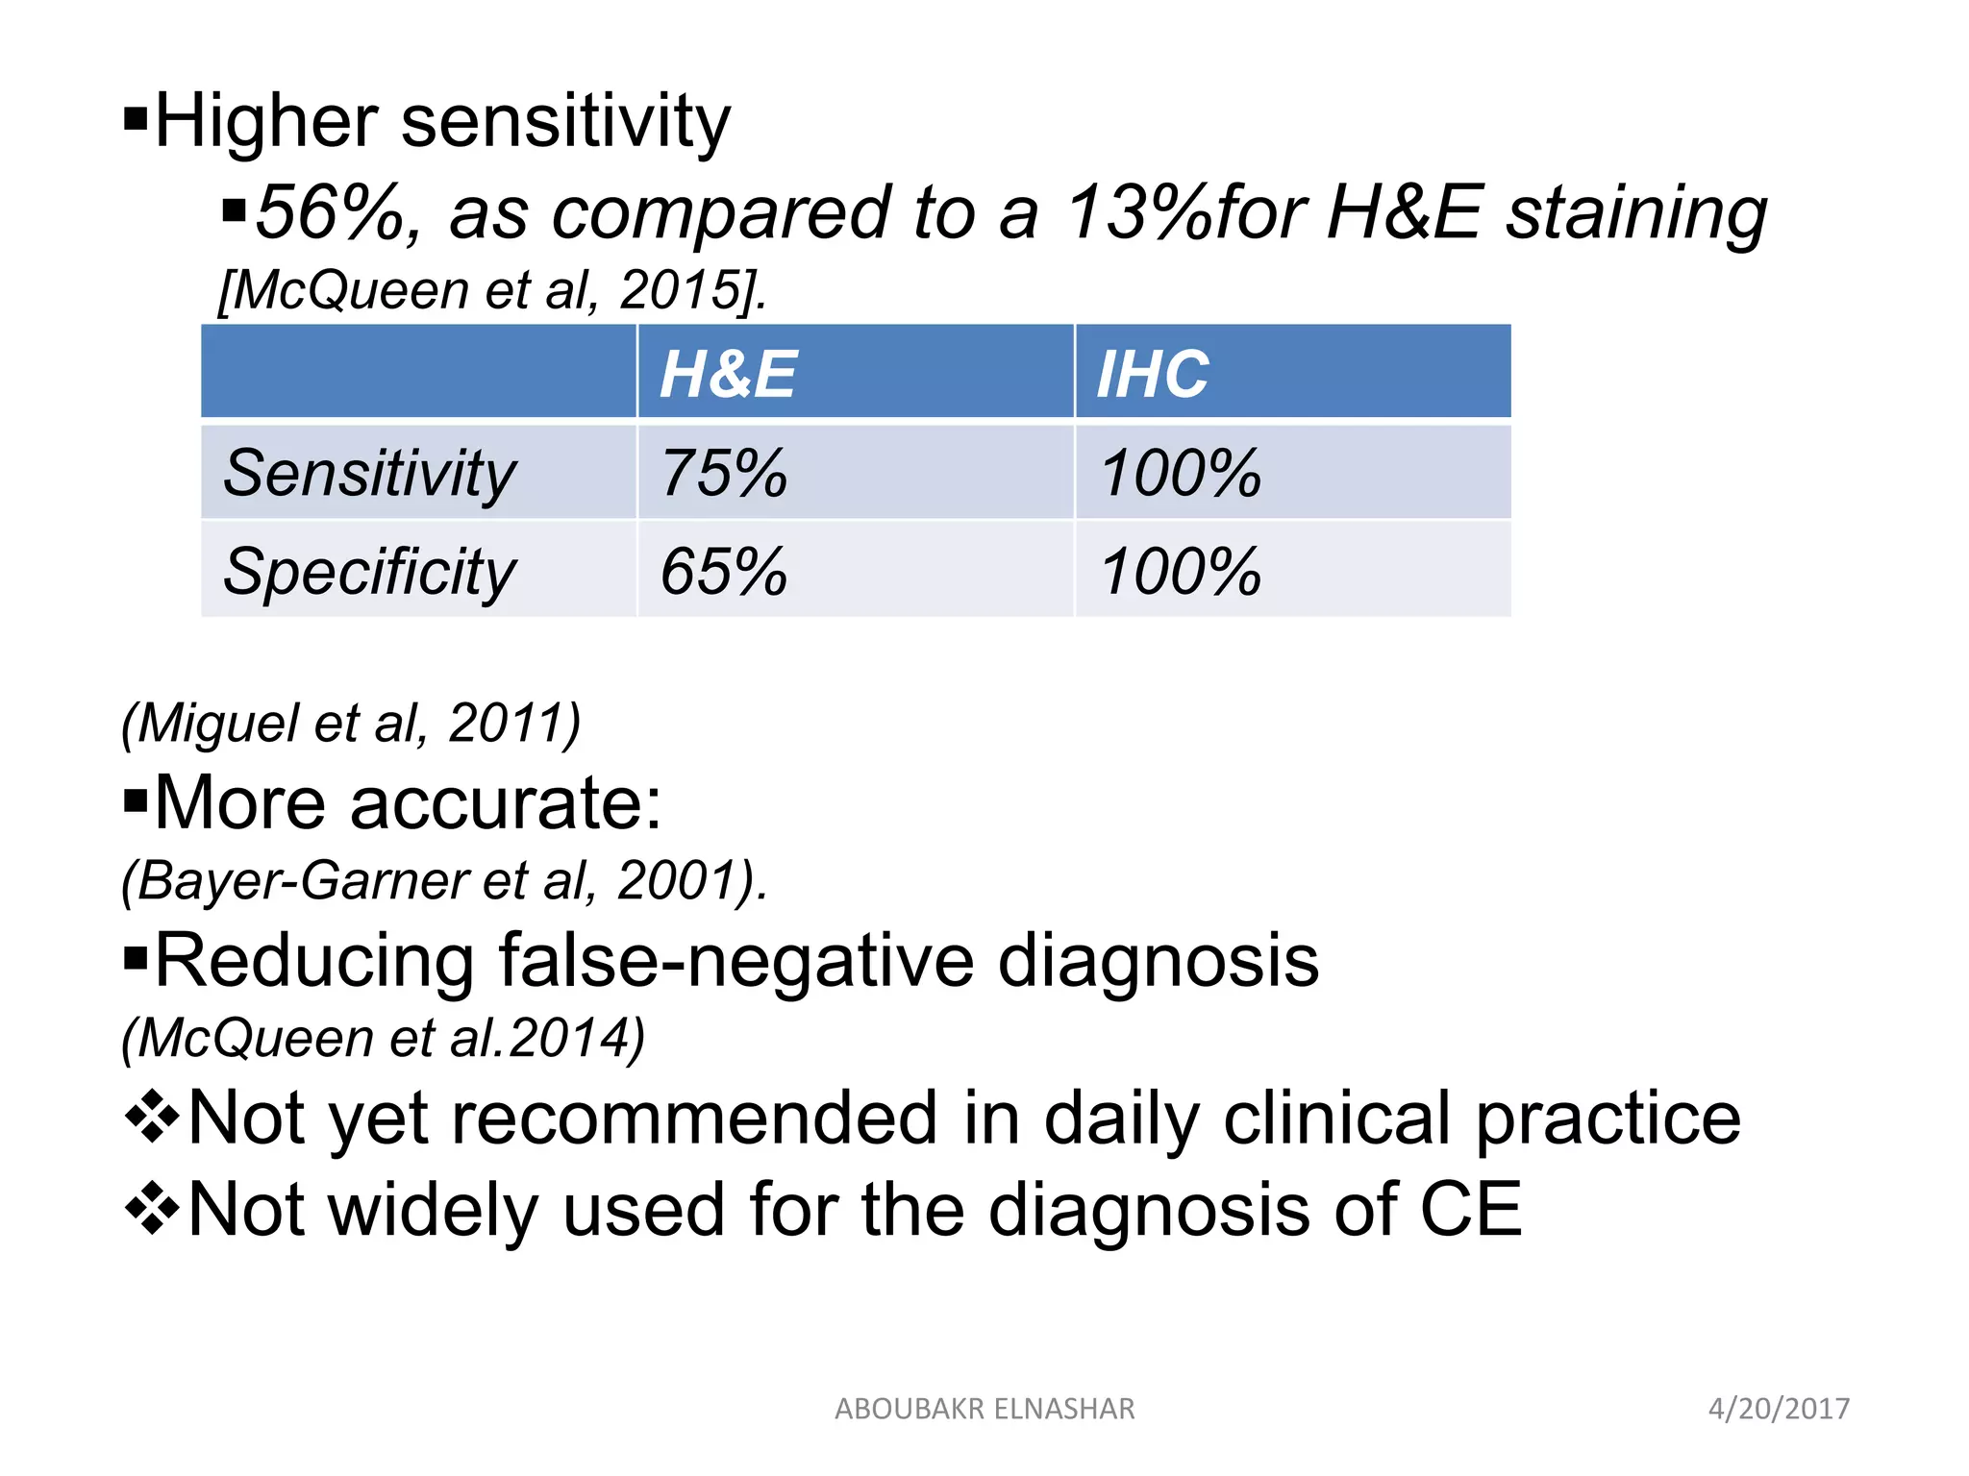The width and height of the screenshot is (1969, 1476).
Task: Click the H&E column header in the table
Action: (x=728, y=374)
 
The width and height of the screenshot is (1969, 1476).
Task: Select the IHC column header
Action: (x=1153, y=374)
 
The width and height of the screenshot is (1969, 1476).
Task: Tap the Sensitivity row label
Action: (x=370, y=474)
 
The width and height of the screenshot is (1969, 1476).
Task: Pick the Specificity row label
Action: (x=370, y=572)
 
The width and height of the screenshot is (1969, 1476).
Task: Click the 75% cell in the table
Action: (x=724, y=474)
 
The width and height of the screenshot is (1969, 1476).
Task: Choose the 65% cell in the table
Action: (x=724, y=572)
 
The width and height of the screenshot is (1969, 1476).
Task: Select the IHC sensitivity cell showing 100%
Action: (x=1180, y=474)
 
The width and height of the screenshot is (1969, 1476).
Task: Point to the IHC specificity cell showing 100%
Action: (x=1180, y=572)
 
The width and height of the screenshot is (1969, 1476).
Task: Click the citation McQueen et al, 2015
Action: (x=492, y=289)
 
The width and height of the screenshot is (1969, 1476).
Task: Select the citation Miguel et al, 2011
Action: (x=351, y=723)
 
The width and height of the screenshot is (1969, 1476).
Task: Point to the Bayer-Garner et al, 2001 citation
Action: (x=444, y=880)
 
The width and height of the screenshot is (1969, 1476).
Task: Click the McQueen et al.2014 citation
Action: (x=383, y=1038)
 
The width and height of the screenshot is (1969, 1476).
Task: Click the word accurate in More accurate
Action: (x=505, y=803)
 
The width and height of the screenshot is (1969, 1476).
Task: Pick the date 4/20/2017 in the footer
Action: (x=1779, y=1409)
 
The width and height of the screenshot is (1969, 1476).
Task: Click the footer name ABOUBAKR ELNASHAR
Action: (x=984, y=1409)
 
